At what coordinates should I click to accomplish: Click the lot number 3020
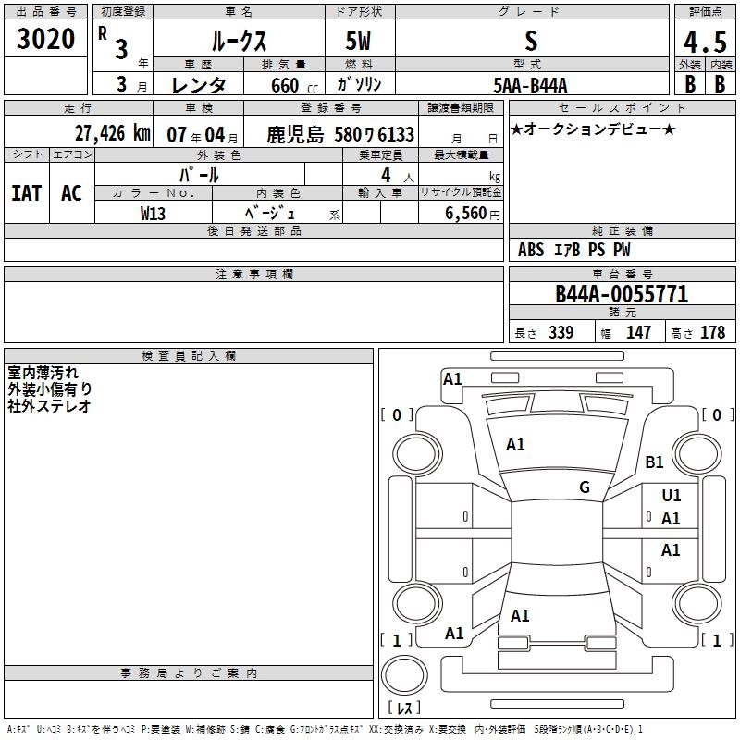coord(45,39)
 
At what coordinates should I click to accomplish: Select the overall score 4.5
coord(705,42)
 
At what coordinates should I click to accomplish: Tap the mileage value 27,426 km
coord(112,133)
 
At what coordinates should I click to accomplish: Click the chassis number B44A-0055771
coord(622,294)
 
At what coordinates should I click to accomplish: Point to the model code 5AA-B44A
coord(530,85)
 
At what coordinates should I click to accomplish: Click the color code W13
coord(153,214)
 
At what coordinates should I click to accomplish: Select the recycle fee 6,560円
coord(473,214)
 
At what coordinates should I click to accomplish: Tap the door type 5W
coord(358,41)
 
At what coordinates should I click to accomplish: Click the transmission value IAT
coord(27,193)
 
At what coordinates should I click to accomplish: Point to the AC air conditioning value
coord(72,193)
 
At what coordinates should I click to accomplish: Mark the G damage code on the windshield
coord(585,487)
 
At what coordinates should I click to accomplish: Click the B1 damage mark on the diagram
coord(654,462)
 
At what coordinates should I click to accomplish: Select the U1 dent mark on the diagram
coord(672,496)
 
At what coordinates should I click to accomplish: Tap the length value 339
coord(561,332)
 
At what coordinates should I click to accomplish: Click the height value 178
coord(712,332)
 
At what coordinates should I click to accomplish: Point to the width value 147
coord(638,332)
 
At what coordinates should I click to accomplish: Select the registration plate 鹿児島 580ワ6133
coord(340,134)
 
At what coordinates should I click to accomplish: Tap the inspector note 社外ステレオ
coord(49,406)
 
